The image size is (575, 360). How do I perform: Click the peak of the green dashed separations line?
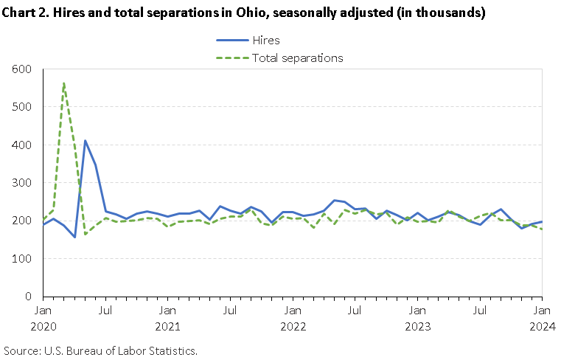coord(64,83)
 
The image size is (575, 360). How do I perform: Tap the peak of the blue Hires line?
coord(85,141)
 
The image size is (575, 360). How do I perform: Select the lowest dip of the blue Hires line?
coord(74,237)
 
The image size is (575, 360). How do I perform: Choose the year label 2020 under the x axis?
coord(43,325)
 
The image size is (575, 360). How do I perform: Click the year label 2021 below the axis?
coord(168,325)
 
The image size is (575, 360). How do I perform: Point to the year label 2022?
coord(293,325)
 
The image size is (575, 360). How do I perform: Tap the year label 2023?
coord(417,325)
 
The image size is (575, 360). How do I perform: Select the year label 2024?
coord(542,325)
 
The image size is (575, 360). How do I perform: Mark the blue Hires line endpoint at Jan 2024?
coord(542,221)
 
